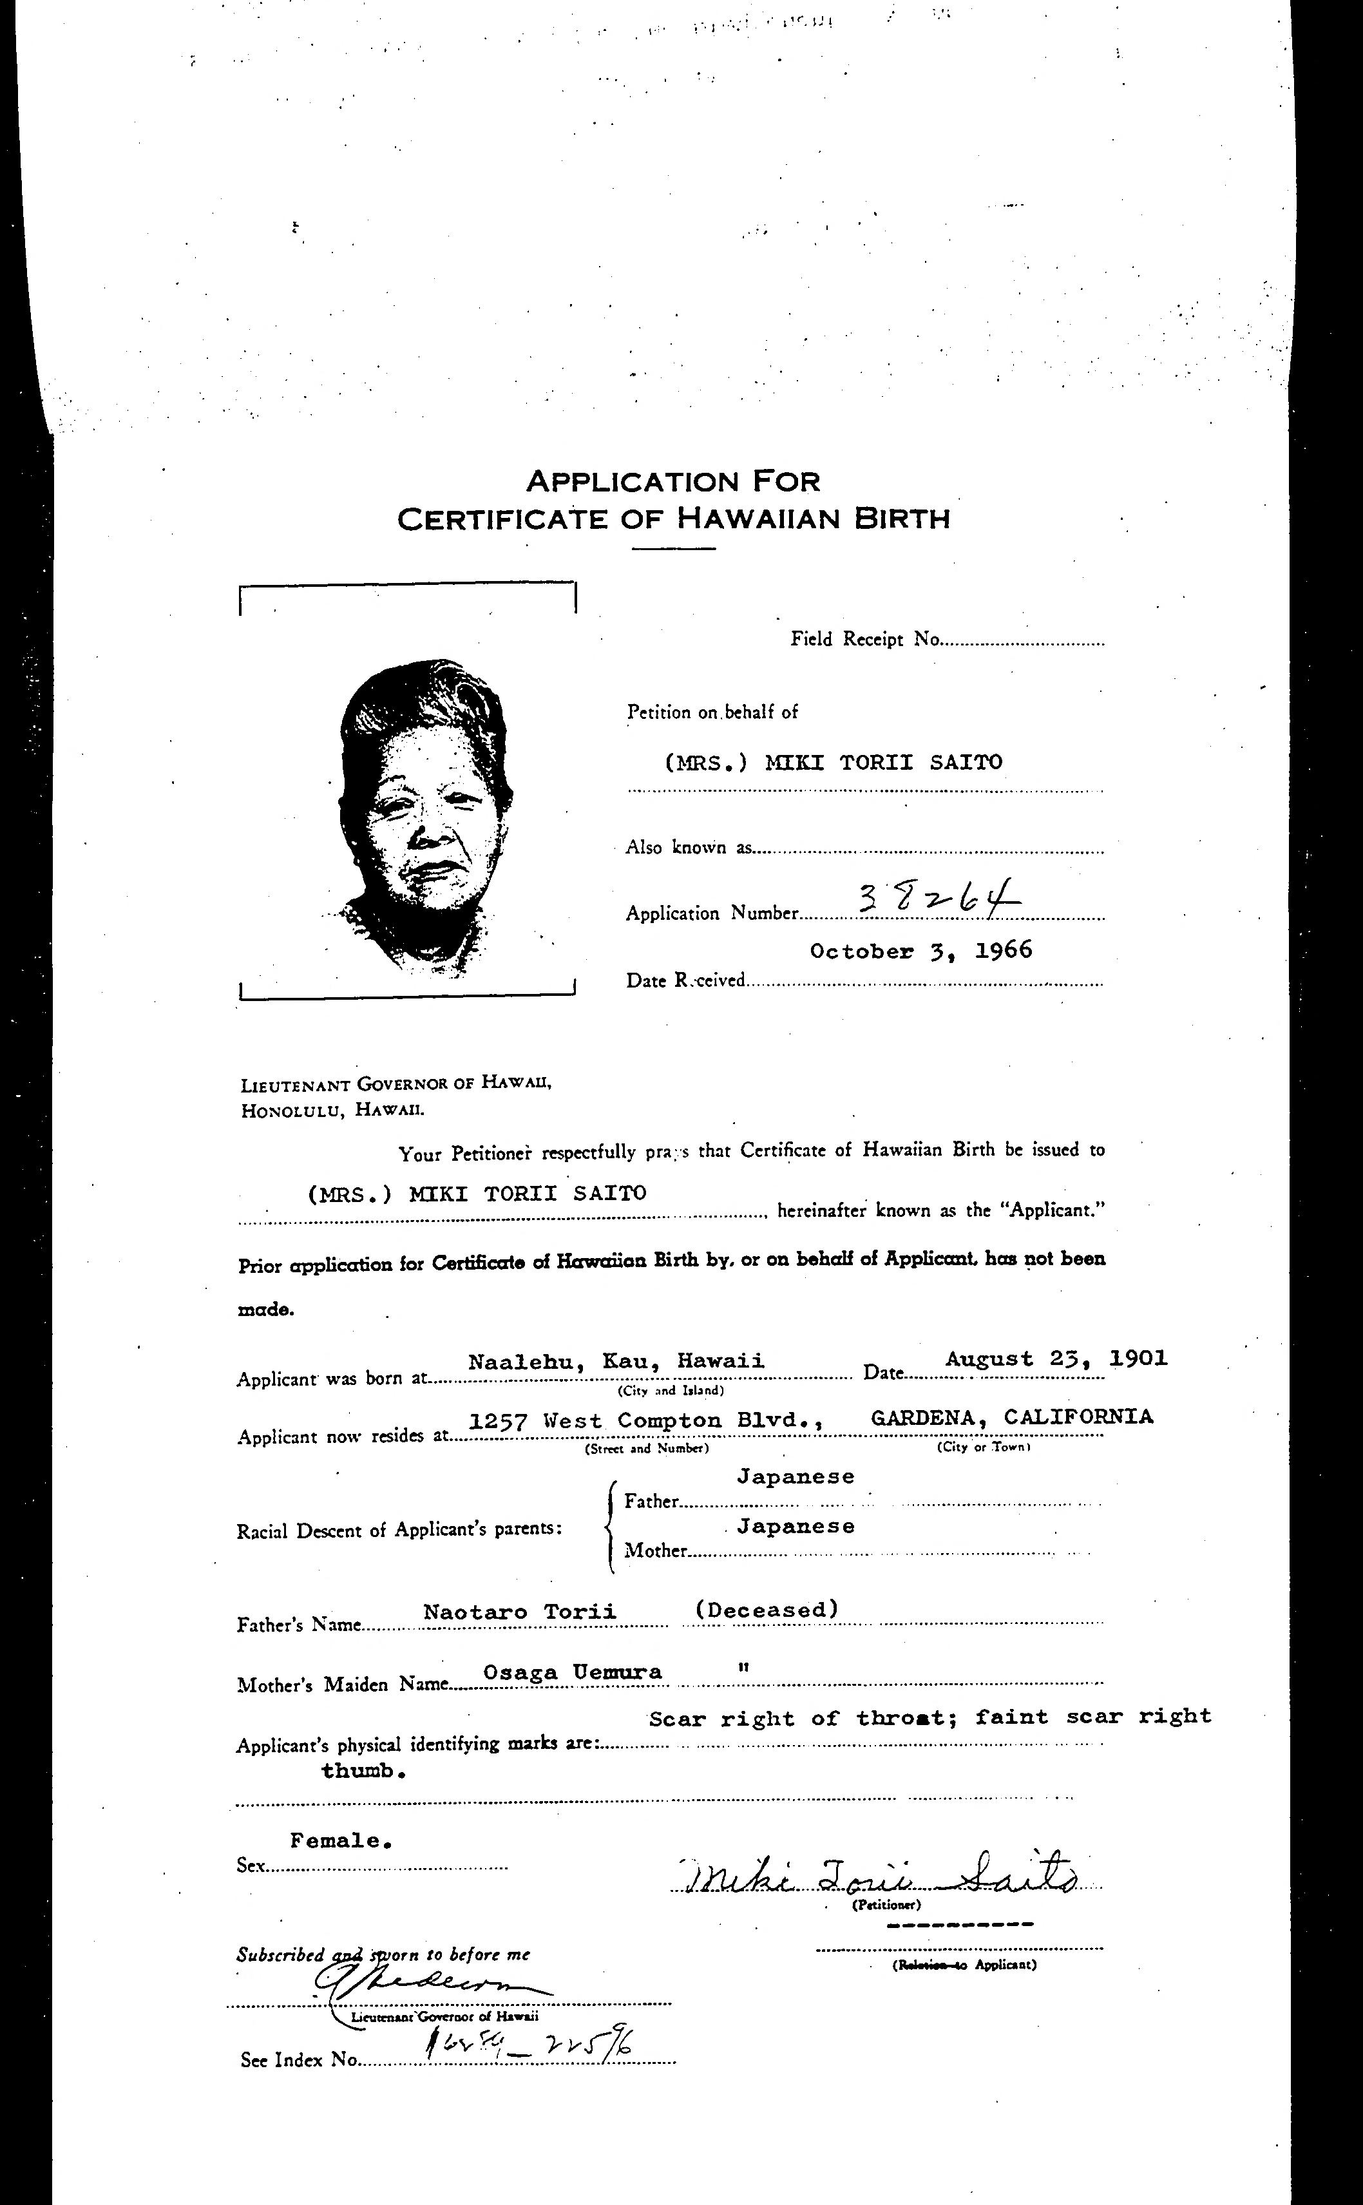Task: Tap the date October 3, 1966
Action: [x=920, y=951]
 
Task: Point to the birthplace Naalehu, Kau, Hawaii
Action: [x=616, y=1361]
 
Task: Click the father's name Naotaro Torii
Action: [x=520, y=1612]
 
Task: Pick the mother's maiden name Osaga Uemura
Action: [x=573, y=1672]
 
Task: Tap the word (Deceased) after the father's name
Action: [x=767, y=1609]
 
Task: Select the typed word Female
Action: [x=341, y=1841]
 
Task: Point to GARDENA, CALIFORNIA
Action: [x=1011, y=1417]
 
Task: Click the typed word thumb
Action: [x=363, y=1770]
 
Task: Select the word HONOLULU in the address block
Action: [x=292, y=1111]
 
